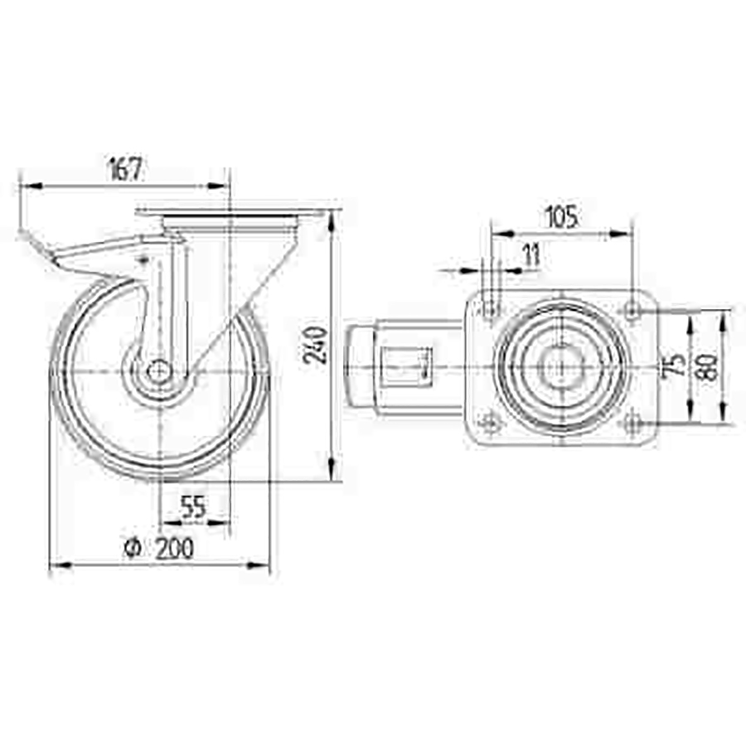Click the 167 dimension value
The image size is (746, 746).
[126, 169]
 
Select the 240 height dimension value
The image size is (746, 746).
[316, 345]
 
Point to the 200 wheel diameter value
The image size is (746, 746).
[175, 548]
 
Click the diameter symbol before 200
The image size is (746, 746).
[133, 548]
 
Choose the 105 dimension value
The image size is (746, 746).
[562, 216]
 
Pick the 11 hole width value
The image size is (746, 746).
[532, 254]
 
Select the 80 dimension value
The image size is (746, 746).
[710, 366]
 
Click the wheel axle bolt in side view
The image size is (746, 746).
[159, 371]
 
